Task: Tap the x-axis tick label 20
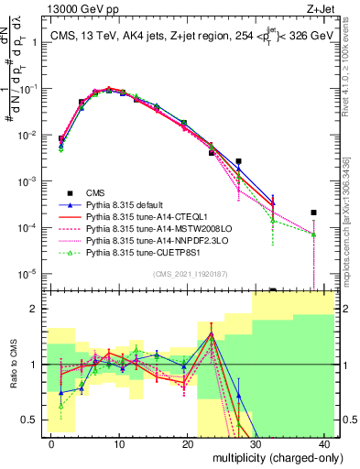coord(188,443)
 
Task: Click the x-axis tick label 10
coord(120,443)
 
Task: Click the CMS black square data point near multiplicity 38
coord(313,213)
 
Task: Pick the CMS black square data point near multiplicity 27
coord(238,161)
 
